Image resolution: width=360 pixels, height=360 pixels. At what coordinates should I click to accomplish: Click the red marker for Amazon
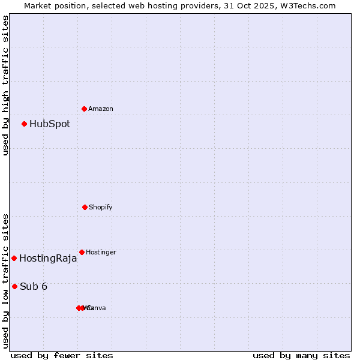pos(85,109)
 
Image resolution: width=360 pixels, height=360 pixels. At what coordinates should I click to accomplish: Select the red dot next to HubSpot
pos(25,124)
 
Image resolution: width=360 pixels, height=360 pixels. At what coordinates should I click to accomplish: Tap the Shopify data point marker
pos(85,207)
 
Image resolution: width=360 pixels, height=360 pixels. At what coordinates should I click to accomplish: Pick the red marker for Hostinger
pos(82,252)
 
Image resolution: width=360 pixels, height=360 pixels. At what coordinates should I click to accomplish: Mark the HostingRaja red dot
pos(14,258)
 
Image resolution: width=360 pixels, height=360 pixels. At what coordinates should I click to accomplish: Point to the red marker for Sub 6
pos(14,286)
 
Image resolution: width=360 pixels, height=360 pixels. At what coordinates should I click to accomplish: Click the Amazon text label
pos(101,109)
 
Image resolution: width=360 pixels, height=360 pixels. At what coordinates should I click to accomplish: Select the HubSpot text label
pos(50,124)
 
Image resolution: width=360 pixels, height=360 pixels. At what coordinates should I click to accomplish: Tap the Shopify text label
pos(101,208)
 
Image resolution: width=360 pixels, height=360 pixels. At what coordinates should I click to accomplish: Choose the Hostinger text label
pos(101,253)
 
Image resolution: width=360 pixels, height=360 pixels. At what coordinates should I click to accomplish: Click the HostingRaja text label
pos(48,259)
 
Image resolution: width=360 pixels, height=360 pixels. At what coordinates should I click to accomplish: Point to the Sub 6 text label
pos(34,287)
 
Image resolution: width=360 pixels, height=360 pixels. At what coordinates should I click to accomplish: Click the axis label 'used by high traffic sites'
pos(5,85)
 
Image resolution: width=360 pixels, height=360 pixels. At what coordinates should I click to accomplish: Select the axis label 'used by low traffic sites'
pos(5,281)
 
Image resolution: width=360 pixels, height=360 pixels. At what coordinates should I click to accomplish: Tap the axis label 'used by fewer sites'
pos(62,356)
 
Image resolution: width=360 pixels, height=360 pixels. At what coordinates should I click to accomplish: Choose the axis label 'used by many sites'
pos(301,356)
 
